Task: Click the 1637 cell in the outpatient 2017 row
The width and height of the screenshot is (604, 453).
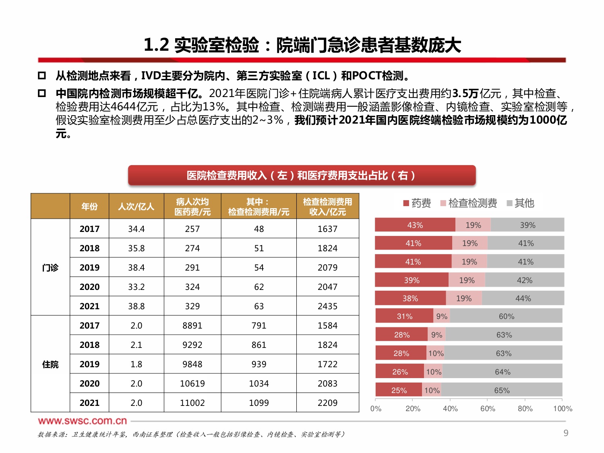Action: (x=327, y=229)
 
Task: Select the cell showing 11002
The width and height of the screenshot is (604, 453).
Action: (x=192, y=403)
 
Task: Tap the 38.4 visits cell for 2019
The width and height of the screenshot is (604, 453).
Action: (x=136, y=267)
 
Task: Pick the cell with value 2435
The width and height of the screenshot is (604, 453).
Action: (x=327, y=306)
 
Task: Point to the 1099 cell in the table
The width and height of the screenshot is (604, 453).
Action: (x=259, y=403)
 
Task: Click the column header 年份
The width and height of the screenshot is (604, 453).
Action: (x=89, y=207)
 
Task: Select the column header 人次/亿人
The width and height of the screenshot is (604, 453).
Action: (x=136, y=207)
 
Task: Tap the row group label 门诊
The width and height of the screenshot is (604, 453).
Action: (x=50, y=267)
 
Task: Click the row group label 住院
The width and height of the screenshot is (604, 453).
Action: (x=50, y=364)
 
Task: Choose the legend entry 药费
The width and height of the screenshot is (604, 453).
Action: (x=418, y=203)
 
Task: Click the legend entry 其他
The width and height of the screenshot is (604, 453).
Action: (x=521, y=203)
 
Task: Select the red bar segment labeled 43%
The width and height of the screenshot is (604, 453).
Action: (x=415, y=225)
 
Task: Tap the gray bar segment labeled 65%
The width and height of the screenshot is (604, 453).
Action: (x=502, y=390)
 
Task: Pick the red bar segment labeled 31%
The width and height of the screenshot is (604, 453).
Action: (x=404, y=316)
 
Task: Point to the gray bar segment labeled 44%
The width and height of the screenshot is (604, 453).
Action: (x=523, y=298)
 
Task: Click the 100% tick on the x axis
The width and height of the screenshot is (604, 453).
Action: (x=563, y=408)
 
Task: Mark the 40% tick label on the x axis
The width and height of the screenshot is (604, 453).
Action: (x=450, y=408)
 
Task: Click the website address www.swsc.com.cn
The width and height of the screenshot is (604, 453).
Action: (x=83, y=421)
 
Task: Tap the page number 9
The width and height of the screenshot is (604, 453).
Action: (x=566, y=433)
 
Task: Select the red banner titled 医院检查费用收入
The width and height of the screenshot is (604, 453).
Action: (x=302, y=176)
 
